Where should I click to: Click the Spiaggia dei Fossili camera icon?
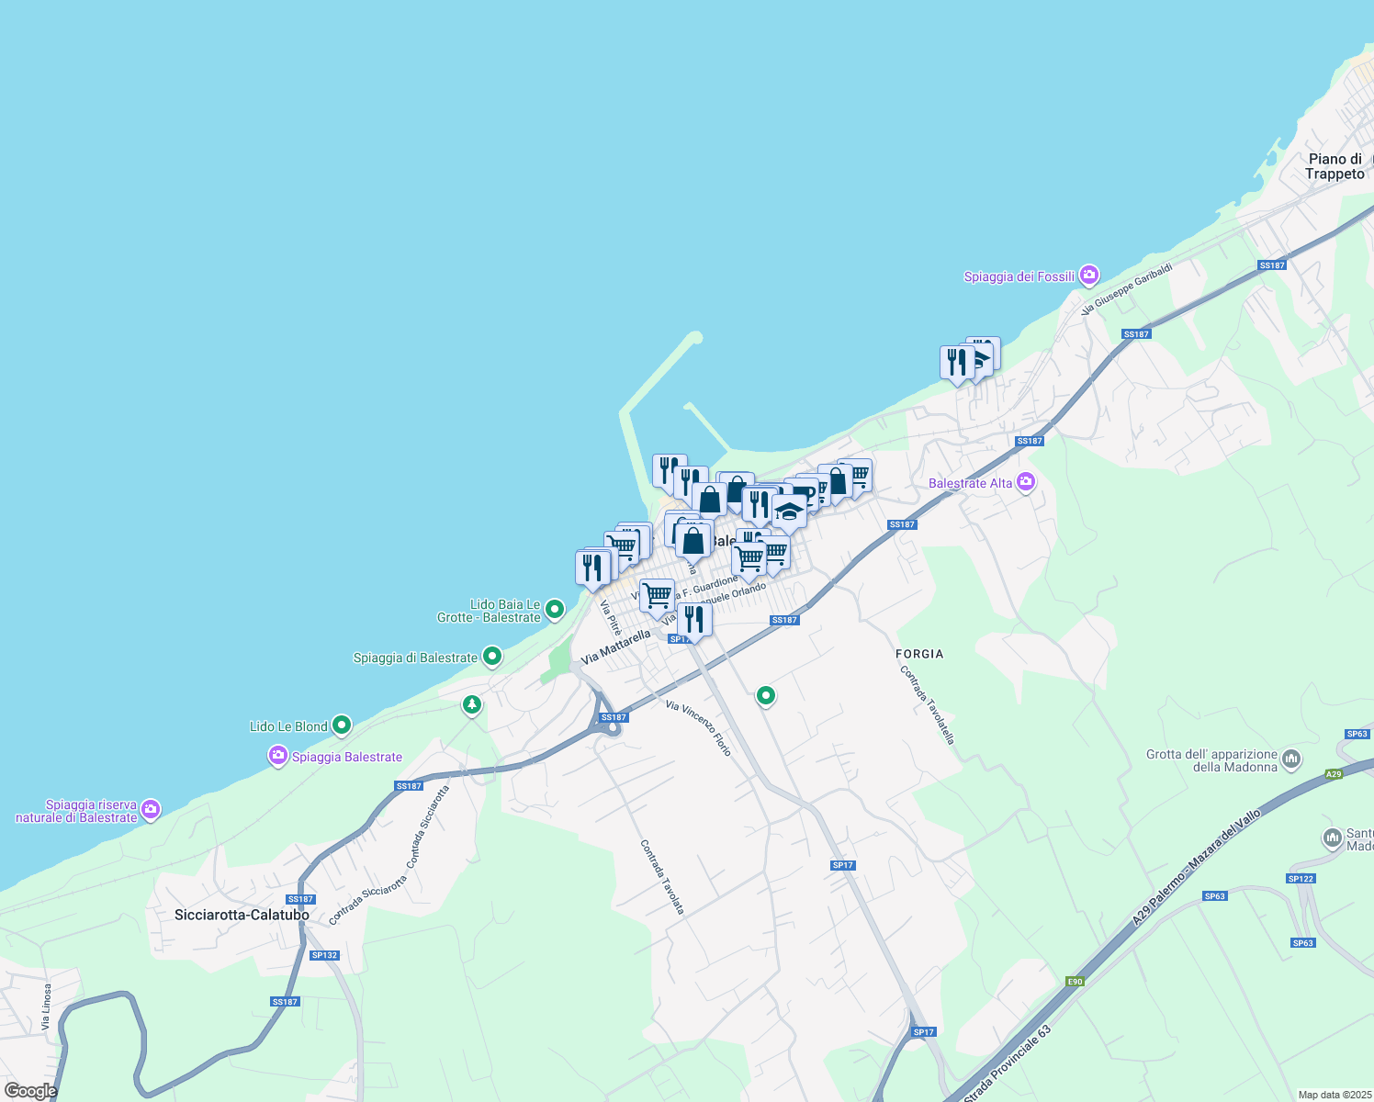click(1088, 275)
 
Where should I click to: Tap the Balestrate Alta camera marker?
click(1026, 481)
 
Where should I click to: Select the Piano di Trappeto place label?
click(1335, 166)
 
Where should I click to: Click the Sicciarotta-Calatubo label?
click(242, 915)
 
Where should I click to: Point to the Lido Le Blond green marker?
click(342, 725)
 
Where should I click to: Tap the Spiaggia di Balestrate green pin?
click(492, 656)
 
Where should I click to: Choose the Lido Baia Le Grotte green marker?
click(555, 609)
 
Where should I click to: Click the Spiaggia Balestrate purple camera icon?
click(277, 756)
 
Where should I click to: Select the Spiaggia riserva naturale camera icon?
click(152, 809)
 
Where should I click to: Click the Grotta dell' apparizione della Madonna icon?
click(1291, 759)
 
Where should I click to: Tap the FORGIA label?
click(919, 654)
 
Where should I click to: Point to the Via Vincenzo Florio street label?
click(699, 728)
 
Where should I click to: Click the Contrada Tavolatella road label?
click(928, 704)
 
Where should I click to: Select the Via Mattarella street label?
click(615, 647)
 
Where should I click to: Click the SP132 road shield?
click(324, 955)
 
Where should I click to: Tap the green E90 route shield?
click(1075, 982)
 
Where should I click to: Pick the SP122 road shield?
click(1301, 879)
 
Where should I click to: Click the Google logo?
click(30, 1091)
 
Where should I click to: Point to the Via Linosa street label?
click(47, 1007)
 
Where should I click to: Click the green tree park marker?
click(472, 704)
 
